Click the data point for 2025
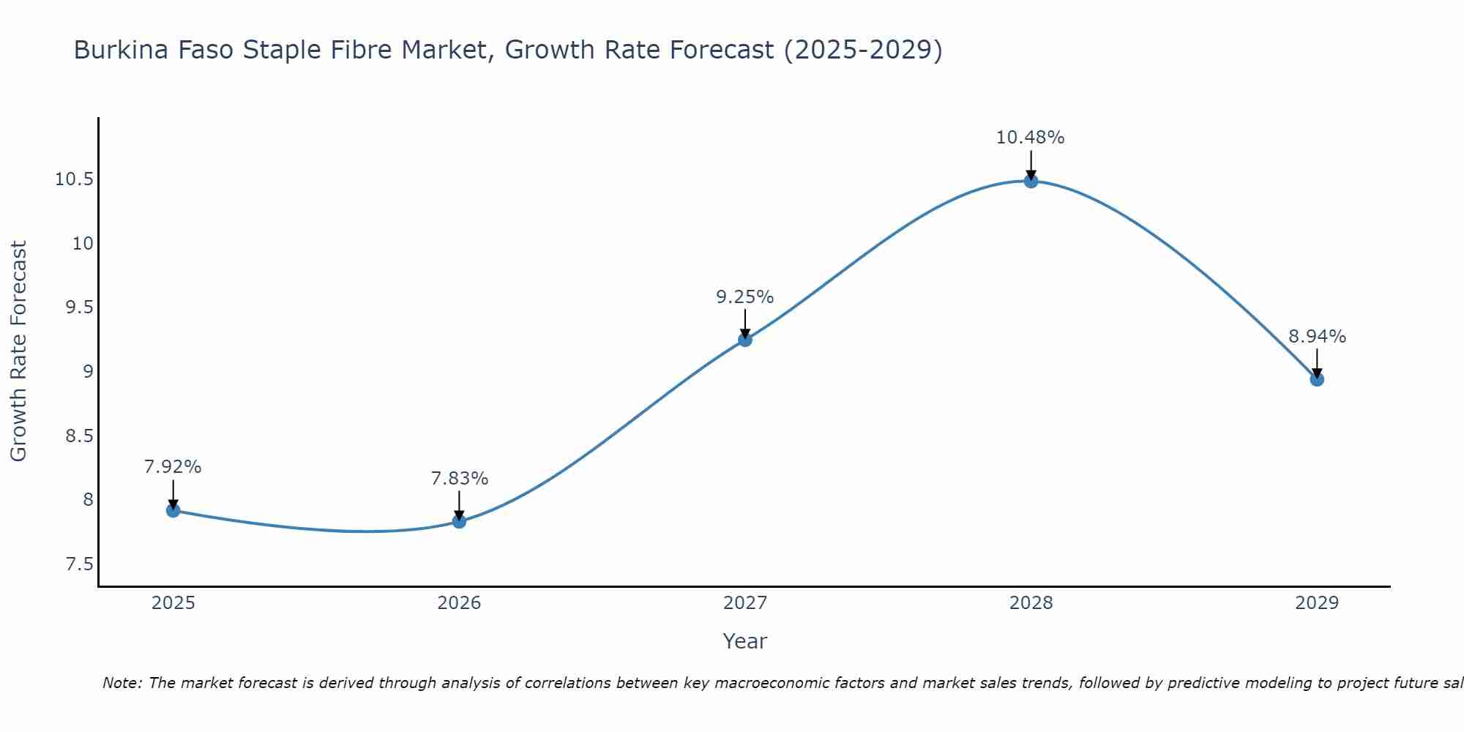[x=173, y=510]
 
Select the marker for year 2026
[x=459, y=521]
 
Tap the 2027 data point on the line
[x=745, y=340]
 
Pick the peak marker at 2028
[x=1031, y=181]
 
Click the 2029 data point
[x=1317, y=379]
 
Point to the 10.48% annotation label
[x=1030, y=138]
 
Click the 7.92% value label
[x=173, y=467]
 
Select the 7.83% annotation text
[x=459, y=479]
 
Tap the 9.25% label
[x=744, y=297]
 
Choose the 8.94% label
[x=1317, y=337]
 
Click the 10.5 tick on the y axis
[x=74, y=179]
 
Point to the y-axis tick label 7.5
[x=79, y=564]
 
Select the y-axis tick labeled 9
[x=89, y=372]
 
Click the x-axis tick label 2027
[x=745, y=603]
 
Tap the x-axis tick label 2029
[x=1317, y=603]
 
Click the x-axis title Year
[x=744, y=641]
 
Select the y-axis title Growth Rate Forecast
[x=19, y=351]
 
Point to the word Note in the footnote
[x=122, y=683]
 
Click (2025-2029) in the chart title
[x=863, y=50]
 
